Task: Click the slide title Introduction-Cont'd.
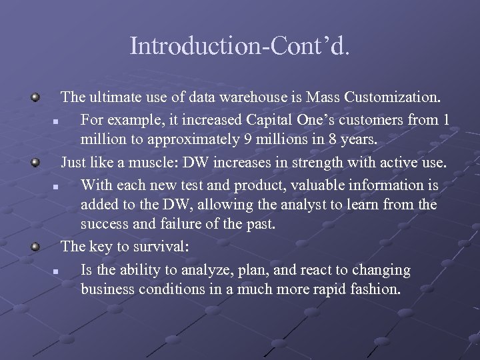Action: coord(239,46)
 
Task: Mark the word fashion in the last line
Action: coord(374,290)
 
